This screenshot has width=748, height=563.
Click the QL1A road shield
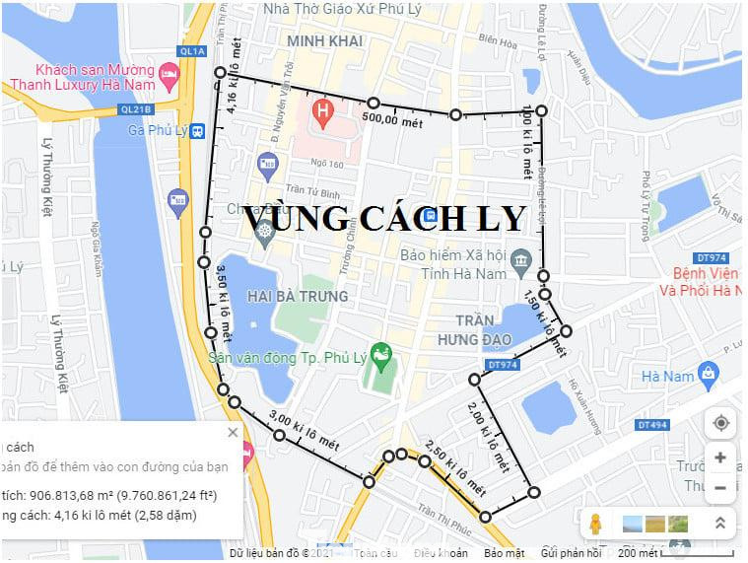pyautogui.click(x=193, y=50)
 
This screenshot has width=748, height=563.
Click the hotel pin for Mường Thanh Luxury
pyautogui.click(x=169, y=72)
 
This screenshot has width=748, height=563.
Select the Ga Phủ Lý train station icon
pyautogui.click(x=197, y=131)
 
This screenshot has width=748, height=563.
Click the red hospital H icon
pyautogui.click(x=321, y=110)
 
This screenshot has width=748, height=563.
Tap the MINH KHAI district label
pyautogui.click(x=325, y=41)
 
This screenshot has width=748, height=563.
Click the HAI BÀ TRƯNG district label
pyautogui.click(x=298, y=296)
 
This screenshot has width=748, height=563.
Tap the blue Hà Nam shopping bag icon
pyautogui.click(x=708, y=374)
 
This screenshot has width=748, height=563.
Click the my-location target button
pyautogui.click(x=720, y=423)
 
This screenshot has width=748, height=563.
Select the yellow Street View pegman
pyautogui.click(x=595, y=524)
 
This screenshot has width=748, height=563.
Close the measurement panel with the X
pyautogui.click(x=233, y=432)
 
